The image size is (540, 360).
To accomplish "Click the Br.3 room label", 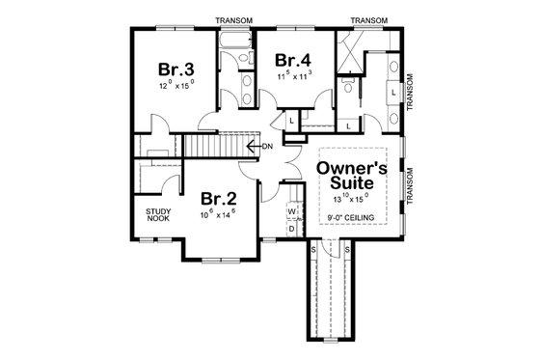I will (x=177, y=70).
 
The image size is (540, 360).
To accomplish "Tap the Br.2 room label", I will (x=219, y=200).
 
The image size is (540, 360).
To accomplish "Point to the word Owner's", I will (x=352, y=168).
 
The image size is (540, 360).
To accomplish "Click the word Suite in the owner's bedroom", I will (x=352, y=183).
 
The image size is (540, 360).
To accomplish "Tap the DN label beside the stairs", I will (x=270, y=147).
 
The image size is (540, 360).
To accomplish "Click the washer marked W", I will (x=291, y=210).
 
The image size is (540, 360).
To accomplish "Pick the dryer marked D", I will (x=291, y=230).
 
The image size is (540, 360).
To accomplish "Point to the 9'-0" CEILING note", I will (x=352, y=218).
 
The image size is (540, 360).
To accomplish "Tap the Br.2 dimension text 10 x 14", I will (x=219, y=215).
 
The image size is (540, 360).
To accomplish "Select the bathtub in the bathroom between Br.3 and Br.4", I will (x=234, y=43).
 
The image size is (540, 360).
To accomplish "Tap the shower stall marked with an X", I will (x=351, y=47).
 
